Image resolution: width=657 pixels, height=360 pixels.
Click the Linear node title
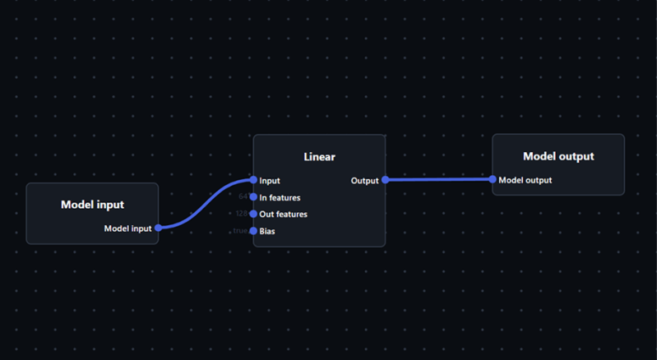319,156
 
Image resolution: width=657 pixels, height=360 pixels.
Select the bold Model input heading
92,205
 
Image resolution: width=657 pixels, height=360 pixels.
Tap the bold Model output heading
558,156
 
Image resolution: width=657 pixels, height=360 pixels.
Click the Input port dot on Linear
253,180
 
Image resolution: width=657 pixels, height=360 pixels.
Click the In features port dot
253,197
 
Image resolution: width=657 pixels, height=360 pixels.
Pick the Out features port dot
253,214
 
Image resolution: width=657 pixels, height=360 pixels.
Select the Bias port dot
253,231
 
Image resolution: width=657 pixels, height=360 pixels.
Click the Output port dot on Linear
385,180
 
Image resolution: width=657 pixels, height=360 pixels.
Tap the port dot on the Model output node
493,179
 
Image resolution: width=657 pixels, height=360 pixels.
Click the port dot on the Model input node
158,228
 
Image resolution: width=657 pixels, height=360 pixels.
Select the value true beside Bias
240,231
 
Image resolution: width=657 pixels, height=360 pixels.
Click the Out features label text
284,215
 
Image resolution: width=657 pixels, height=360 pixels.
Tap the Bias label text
267,232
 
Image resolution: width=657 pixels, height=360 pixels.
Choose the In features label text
280,198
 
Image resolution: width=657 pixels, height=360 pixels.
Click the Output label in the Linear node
364,181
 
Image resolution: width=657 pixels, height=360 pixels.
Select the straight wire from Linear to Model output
438,179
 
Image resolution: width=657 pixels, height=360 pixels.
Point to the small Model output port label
525,180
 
